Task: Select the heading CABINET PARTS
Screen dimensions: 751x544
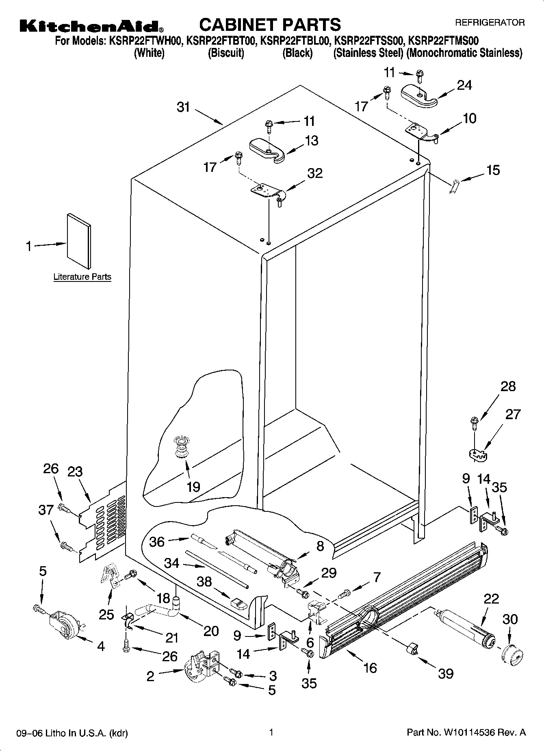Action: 270,25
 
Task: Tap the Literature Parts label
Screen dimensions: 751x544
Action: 82,277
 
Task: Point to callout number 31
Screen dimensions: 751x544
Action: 184,108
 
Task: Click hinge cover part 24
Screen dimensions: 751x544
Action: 419,96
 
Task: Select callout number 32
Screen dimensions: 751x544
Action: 315,173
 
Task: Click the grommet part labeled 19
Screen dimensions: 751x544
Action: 182,446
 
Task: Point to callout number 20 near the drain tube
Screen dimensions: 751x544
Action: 210,631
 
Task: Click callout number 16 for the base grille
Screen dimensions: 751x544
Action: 370,667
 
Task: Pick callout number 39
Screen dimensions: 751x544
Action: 445,673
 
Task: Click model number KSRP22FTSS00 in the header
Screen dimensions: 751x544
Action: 368,41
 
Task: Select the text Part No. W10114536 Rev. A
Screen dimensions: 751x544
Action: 466,733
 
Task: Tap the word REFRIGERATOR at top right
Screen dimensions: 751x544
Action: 490,23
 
